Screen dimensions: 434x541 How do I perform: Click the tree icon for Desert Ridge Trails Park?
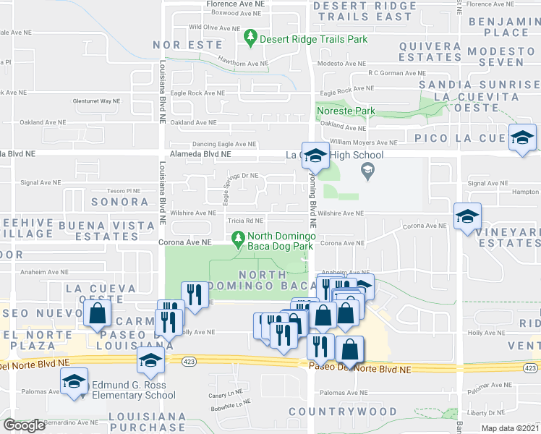(250, 36)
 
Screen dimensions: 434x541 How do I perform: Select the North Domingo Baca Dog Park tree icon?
(237, 237)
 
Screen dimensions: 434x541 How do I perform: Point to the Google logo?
(24, 425)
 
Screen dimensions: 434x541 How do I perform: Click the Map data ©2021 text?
(511, 428)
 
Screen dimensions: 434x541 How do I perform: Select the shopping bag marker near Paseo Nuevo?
(97, 314)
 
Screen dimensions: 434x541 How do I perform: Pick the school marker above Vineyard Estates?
(467, 216)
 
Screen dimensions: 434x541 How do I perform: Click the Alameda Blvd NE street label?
(200, 154)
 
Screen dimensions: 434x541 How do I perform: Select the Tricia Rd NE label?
(244, 221)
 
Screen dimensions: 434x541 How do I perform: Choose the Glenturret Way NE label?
(96, 101)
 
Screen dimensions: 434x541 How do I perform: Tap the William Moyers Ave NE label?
(364, 142)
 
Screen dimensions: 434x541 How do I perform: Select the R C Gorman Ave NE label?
(396, 73)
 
